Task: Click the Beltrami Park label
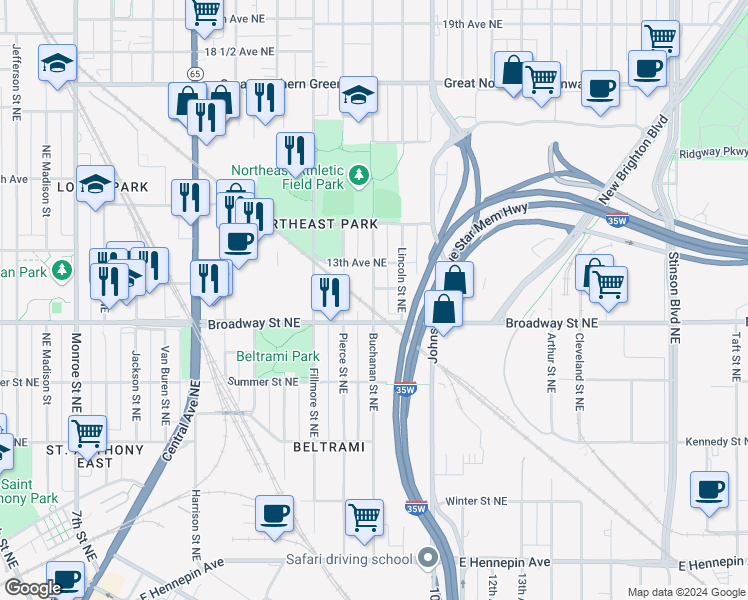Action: point(277,356)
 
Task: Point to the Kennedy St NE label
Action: point(716,442)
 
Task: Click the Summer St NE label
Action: point(263,381)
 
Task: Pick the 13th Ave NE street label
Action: point(354,262)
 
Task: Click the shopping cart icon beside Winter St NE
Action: point(364,517)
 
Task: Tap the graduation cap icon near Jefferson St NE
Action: point(58,64)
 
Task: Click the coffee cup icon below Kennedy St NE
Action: point(709,490)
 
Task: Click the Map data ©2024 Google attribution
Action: point(685,592)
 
